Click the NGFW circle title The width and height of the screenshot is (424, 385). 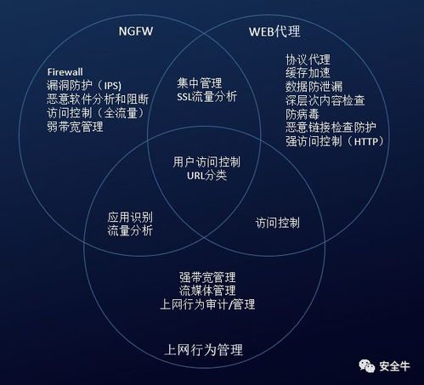(x=136, y=31)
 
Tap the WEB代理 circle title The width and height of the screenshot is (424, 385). (x=274, y=31)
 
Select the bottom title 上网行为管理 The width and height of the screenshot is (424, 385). (x=203, y=350)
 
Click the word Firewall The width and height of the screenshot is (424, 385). (x=65, y=72)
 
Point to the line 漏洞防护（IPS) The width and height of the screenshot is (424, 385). (x=84, y=85)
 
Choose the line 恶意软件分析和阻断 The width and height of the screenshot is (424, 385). (x=98, y=99)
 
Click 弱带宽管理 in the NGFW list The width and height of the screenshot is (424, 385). (x=75, y=127)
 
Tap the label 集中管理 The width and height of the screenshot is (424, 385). (x=200, y=83)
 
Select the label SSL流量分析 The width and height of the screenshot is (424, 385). (x=207, y=97)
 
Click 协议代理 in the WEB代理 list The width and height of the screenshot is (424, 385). (x=308, y=59)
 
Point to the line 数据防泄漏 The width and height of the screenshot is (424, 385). (x=314, y=87)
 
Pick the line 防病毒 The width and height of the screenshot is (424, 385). (x=302, y=114)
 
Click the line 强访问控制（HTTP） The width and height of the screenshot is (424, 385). (x=335, y=141)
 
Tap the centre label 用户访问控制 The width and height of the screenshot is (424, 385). (x=206, y=162)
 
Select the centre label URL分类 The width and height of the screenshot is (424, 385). (x=207, y=176)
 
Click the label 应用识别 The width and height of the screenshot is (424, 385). (x=130, y=218)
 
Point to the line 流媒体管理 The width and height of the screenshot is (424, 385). (x=207, y=291)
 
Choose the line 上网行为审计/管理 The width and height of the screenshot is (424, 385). (x=207, y=304)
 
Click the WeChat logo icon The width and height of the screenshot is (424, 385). (x=367, y=366)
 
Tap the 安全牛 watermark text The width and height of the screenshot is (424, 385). (x=394, y=366)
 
